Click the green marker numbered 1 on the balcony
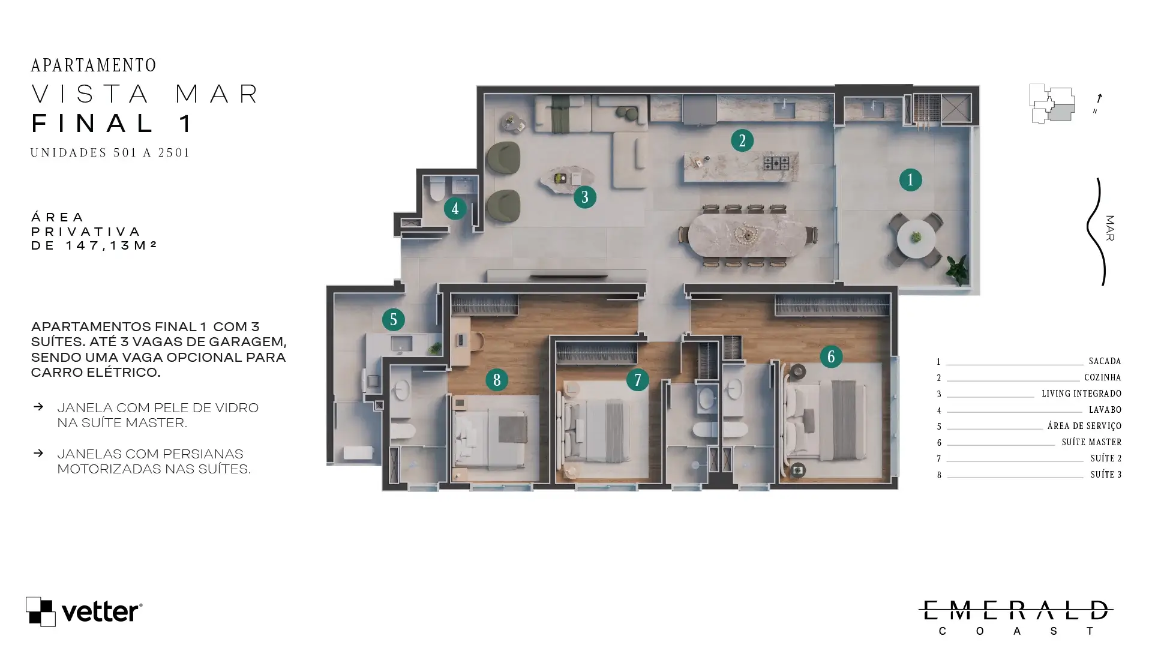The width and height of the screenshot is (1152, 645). click(910, 180)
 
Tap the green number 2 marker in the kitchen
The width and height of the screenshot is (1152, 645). click(742, 140)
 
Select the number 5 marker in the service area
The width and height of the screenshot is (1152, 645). click(394, 320)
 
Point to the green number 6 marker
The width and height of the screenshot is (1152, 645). click(831, 357)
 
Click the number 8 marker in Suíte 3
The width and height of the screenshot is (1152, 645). click(497, 380)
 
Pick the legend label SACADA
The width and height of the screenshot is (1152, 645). click(1105, 361)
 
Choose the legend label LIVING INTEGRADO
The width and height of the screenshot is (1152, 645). click(1082, 394)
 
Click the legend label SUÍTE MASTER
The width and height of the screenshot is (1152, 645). click(1092, 442)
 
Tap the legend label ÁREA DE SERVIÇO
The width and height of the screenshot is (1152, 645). click(1085, 426)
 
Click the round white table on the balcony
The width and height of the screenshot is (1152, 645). click(916, 239)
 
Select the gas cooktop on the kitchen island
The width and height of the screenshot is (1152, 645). click(776, 163)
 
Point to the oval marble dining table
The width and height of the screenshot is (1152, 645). click(747, 235)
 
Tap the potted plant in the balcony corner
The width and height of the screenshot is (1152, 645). click(957, 269)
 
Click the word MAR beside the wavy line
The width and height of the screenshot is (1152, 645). click(1110, 229)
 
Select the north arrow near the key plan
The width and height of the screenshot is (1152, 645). click(1099, 98)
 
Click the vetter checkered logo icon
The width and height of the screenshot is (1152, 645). click(41, 611)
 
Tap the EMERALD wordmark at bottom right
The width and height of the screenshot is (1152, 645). click(1016, 610)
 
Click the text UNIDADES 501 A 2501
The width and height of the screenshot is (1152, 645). click(110, 152)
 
